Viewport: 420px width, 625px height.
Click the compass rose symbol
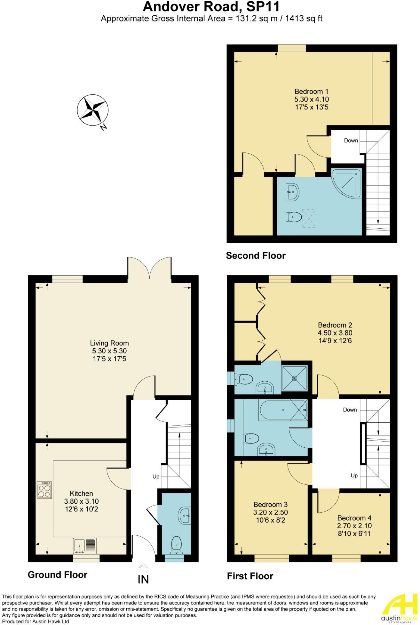click(92, 110)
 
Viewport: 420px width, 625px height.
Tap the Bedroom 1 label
click(311, 91)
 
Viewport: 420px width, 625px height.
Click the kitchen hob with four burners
click(44, 490)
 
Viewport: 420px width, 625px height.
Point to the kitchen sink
click(84, 546)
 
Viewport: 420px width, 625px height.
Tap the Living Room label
click(109, 343)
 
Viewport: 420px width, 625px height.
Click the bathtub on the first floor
click(283, 410)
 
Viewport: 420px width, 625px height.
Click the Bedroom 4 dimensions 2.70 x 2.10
click(354, 526)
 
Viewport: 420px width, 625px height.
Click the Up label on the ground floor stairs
click(156, 477)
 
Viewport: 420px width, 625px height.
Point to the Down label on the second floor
click(351, 140)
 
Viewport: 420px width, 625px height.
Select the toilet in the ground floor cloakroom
click(176, 545)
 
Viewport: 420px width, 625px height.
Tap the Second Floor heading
click(256, 256)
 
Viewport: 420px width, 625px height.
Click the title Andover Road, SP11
click(211, 6)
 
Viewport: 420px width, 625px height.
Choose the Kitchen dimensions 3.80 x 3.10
click(81, 501)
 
